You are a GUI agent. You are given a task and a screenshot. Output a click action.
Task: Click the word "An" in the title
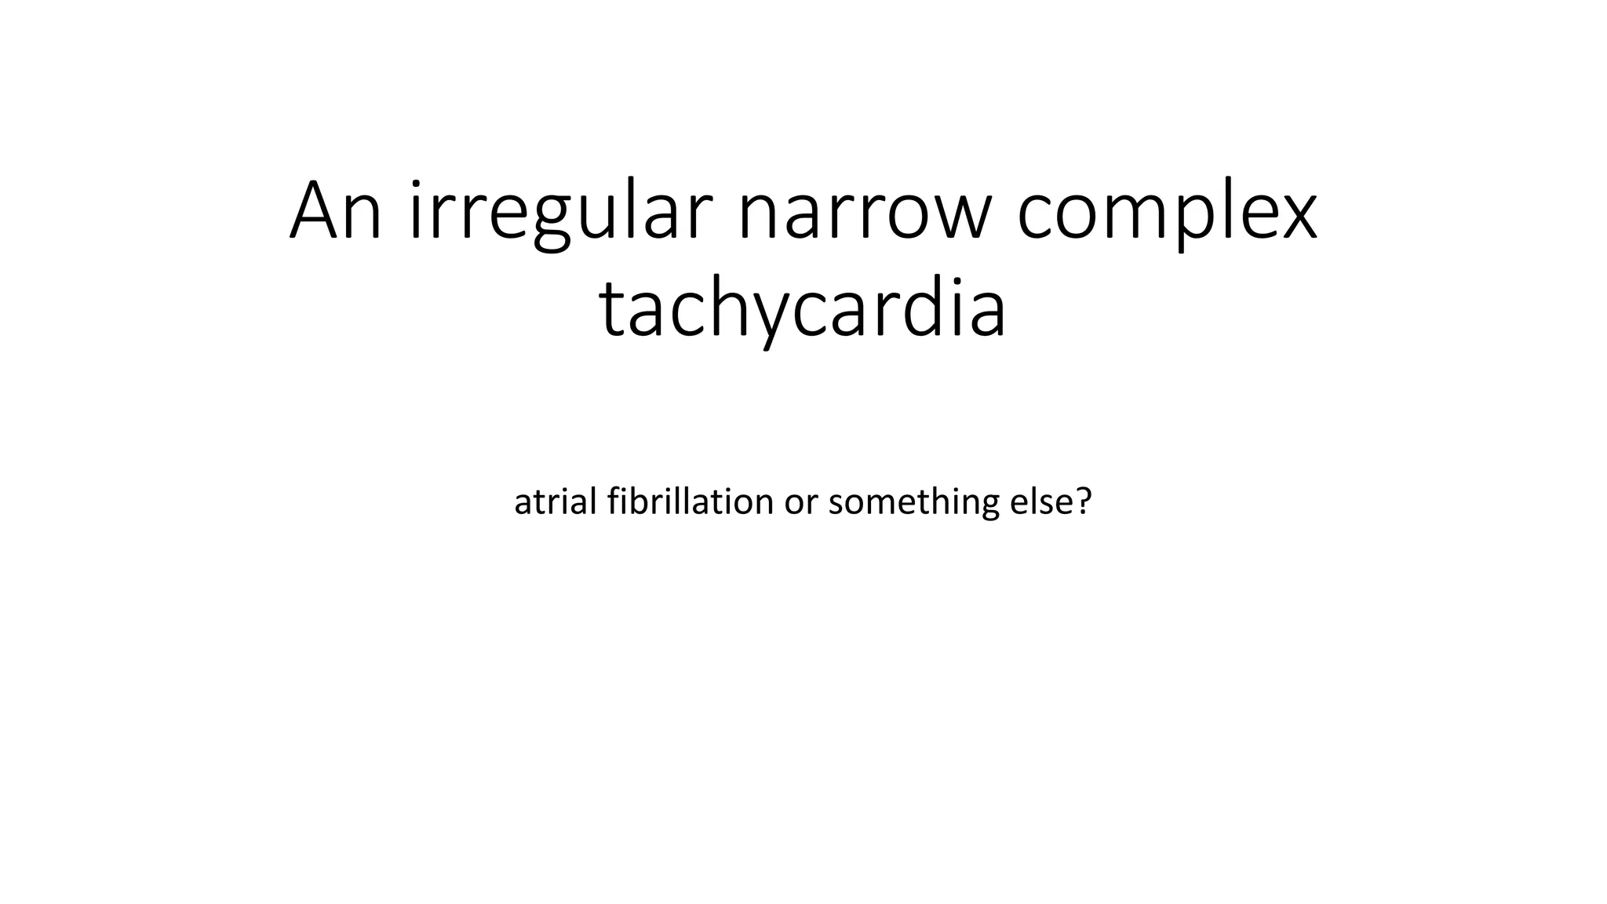click(x=336, y=212)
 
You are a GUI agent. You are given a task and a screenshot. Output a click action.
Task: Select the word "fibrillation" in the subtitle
click(x=691, y=501)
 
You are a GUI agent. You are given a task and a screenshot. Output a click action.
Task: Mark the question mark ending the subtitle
click(x=1084, y=501)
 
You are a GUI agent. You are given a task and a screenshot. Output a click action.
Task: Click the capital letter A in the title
click(x=315, y=212)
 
